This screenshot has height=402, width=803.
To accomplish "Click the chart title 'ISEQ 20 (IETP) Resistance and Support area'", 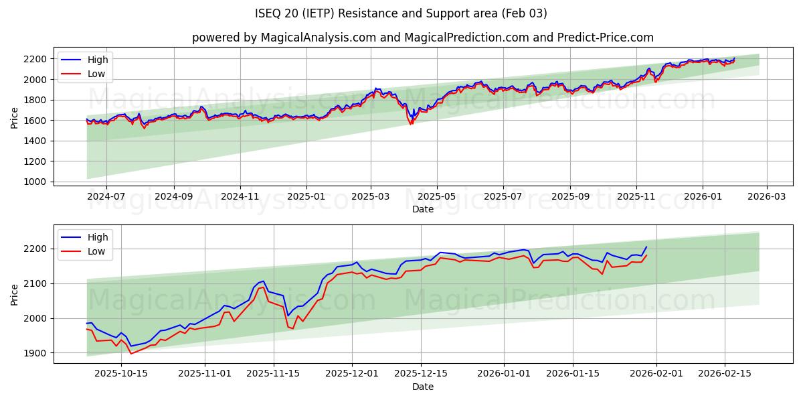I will pyautogui.click(x=401, y=13).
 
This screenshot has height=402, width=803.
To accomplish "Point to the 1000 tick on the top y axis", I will pyautogui.click(x=35, y=182).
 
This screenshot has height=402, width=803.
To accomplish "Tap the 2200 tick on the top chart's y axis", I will pyautogui.click(x=35, y=59).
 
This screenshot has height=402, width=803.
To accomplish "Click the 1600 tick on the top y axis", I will pyautogui.click(x=35, y=121).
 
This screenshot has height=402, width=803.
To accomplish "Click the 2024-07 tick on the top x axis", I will pyautogui.click(x=106, y=196).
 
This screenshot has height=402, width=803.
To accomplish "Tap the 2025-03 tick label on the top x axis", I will pyautogui.click(x=371, y=196).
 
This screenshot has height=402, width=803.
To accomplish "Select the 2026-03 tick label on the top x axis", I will pyautogui.click(x=766, y=196).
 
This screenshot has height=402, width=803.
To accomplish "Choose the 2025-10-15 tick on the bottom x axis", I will pyautogui.click(x=121, y=374).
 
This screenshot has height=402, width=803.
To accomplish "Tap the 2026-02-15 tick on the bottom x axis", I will pyautogui.click(x=725, y=374).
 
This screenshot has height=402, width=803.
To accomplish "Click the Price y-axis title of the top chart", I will pyautogui.click(x=15, y=117).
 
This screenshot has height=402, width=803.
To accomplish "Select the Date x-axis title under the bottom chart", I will pyautogui.click(x=422, y=387).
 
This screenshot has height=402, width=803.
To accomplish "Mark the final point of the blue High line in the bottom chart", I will pyautogui.click(x=646, y=247).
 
